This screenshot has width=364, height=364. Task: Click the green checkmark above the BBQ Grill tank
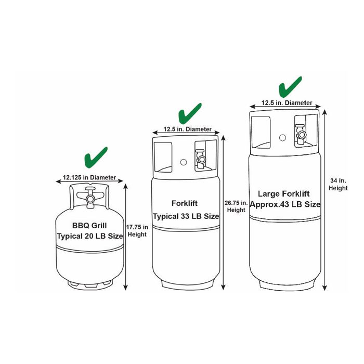coord(95,157)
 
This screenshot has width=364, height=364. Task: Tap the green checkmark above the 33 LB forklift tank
coord(189,113)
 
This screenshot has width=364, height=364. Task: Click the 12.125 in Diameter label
coord(89,177)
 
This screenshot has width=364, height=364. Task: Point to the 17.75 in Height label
coord(138,230)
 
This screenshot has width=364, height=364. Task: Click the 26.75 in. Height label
coord(236,206)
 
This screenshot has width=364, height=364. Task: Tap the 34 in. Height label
coord(339,184)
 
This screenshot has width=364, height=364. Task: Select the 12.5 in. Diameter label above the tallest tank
coord(287,103)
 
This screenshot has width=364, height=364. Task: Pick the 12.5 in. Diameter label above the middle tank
coord(188,129)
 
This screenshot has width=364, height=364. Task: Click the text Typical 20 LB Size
coord(89,236)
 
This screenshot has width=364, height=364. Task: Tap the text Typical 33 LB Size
coord(186,216)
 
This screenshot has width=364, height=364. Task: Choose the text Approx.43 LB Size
coord(285,204)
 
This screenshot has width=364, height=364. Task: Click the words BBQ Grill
coord(89,226)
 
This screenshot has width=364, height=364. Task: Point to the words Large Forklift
coord(285,193)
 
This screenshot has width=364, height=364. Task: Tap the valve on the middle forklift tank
coord(200,157)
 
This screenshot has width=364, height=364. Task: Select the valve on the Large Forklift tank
coord(301,134)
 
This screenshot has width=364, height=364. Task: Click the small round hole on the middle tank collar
coord(184,162)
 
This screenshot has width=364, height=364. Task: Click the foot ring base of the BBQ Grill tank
coord(89,285)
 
